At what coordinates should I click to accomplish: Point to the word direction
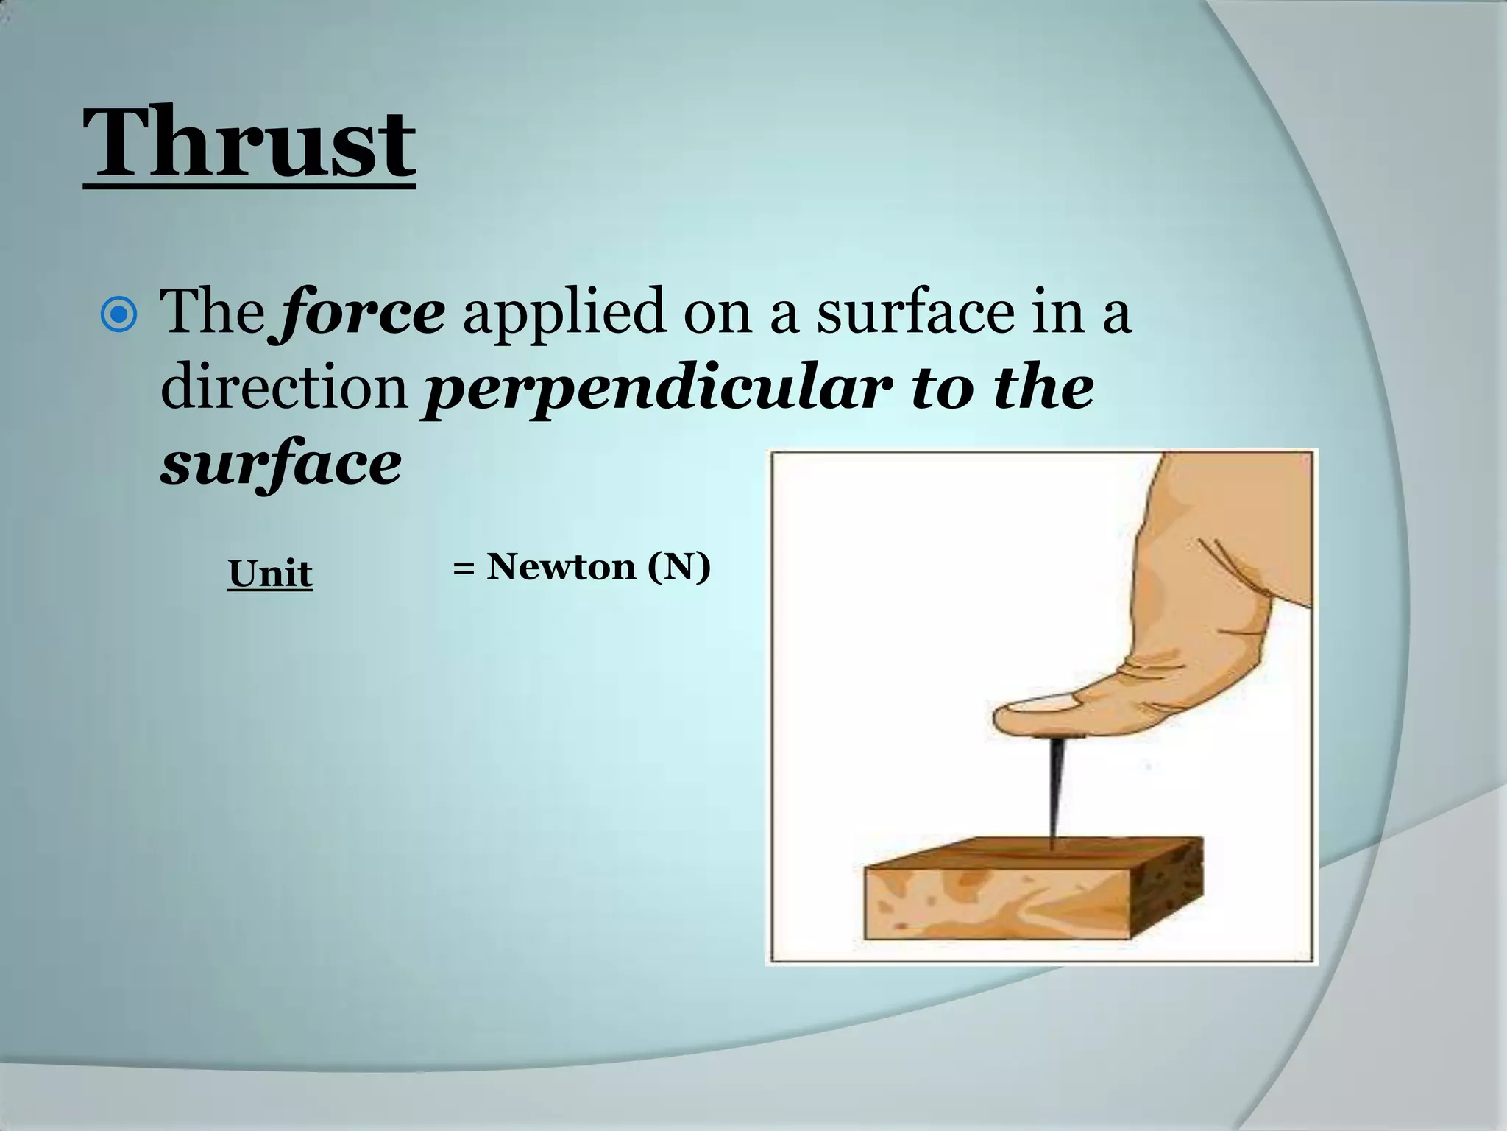point(284,388)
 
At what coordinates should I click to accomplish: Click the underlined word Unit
point(270,574)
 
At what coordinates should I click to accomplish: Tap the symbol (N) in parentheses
point(679,567)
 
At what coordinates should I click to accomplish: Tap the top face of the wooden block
point(1030,854)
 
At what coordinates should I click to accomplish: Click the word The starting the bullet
point(213,312)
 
